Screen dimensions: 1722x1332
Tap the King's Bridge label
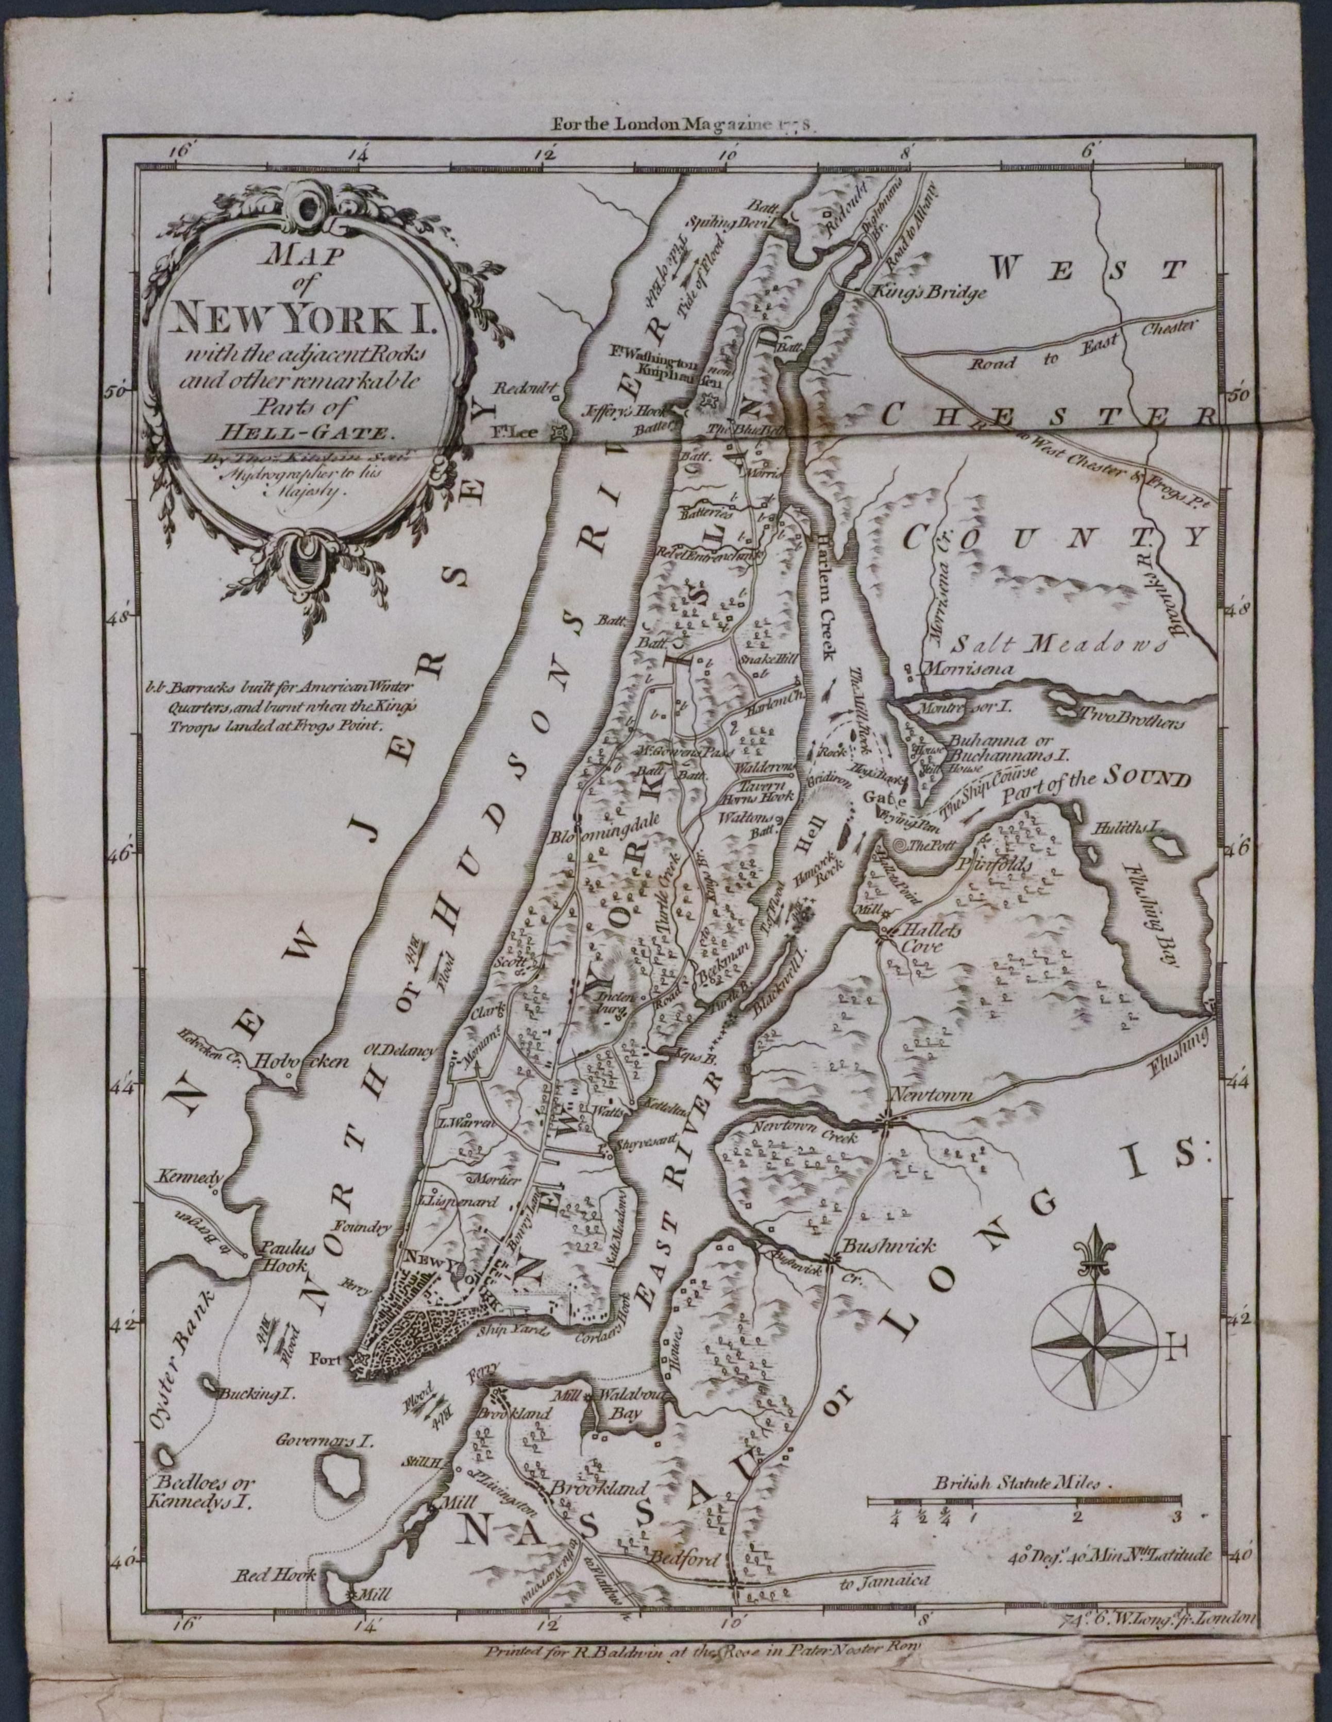pyautogui.click(x=929, y=293)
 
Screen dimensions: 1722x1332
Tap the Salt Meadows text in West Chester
pyautogui.click(x=1057, y=643)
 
